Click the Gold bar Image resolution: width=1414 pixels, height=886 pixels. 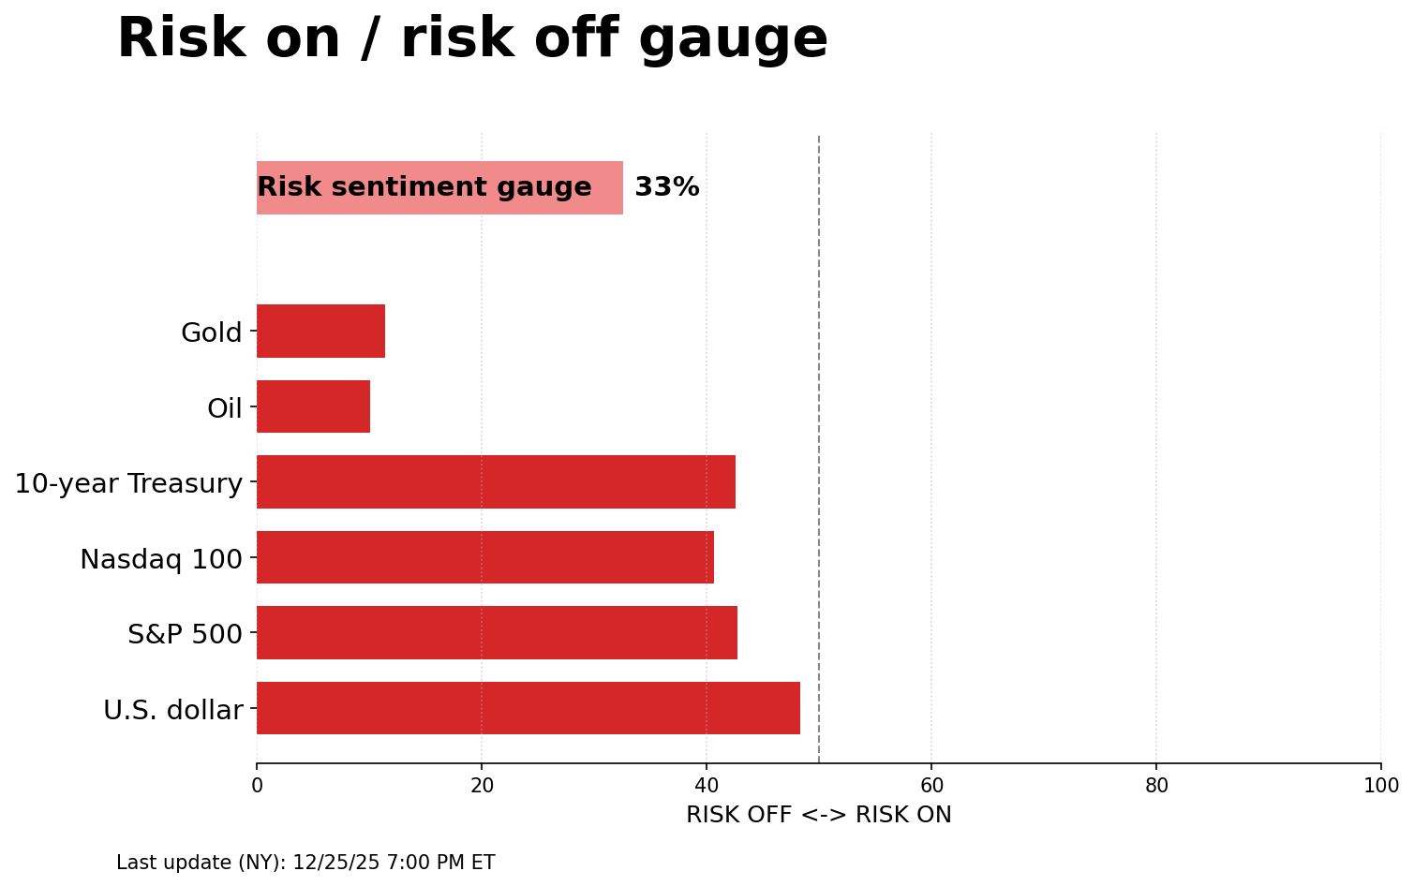pyautogui.click(x=320, y=331)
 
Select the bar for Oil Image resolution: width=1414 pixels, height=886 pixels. pyautogui.click(x=313, y=406)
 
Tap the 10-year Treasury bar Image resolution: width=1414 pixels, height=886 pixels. pyautogui.click(x=496, y=481)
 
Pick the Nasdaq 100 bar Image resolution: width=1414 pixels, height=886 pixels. pyautogui.click(x=485, y=557)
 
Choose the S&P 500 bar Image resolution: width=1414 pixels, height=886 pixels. pyautogui.click(x=497, y=632)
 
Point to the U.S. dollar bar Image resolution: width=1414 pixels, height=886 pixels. pyautogui.click(x=528, y=708)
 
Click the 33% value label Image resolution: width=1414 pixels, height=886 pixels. pyautogui.click(x=667, y=187)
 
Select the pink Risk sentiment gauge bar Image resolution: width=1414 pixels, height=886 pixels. pyautogui.click(x=439, y=187)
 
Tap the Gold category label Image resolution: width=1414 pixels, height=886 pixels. pyautogui.click(x=212, y=332)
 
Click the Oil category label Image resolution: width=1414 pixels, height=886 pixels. pyautogui.click(x=225, y=408)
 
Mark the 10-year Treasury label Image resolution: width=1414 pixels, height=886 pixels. pyautogui.click(x=128, y=483)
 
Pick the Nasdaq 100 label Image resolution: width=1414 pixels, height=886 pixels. pyautogui.click(x=161, y=559)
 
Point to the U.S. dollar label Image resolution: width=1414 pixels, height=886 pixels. pyautogui.click(x=173, y=710)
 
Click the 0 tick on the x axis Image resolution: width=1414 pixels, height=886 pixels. pyautogui.click(x=257, y=786)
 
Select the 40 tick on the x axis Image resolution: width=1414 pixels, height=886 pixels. pyautogui.click(x=707, y=786)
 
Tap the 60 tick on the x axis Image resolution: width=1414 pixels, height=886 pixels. pyautogui.click(x=931, y=786)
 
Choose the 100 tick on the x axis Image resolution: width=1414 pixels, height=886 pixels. pyautogui.click(x=1381, y=786)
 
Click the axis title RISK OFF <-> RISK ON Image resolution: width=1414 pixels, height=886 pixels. pyautogui.click(x=819, y=815)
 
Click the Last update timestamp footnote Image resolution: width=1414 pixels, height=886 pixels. pyautogui.click(x=305, y=863)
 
